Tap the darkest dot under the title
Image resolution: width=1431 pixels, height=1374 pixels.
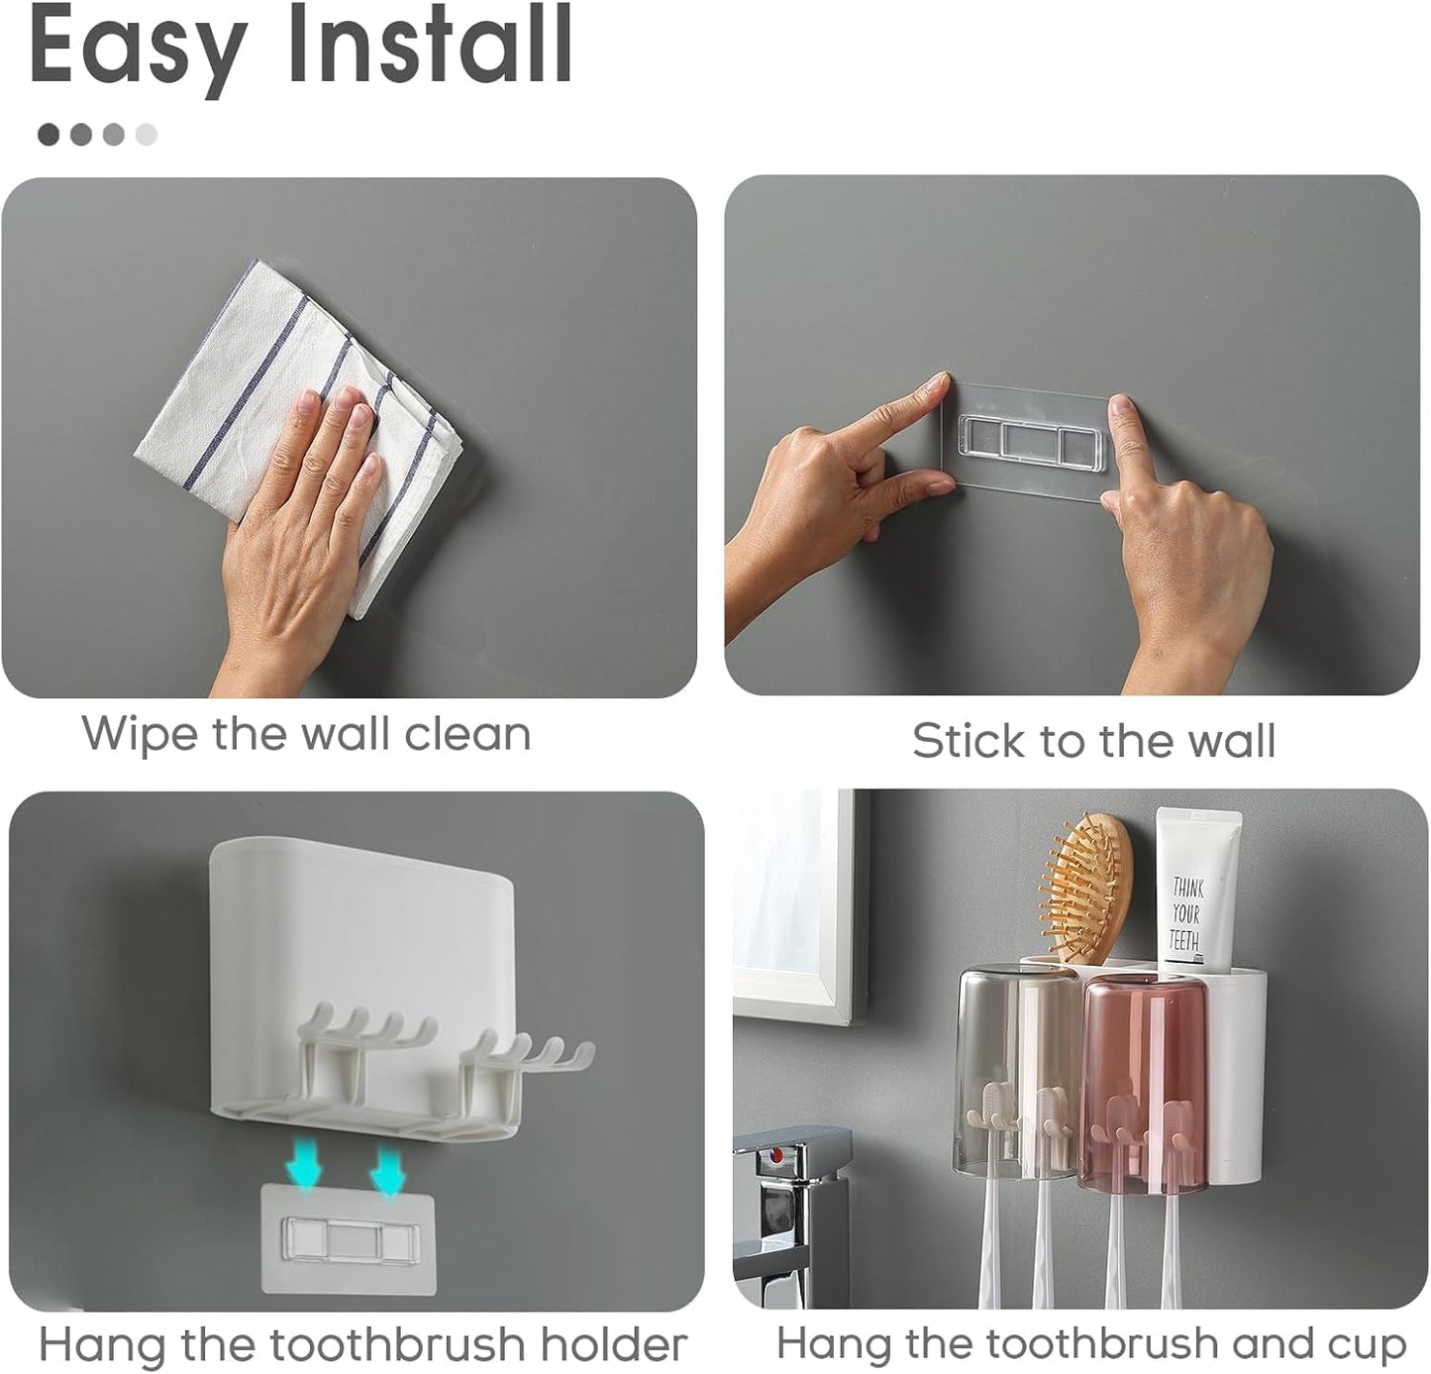click(49, 134)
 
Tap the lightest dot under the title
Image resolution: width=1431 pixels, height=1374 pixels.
click(146, 134)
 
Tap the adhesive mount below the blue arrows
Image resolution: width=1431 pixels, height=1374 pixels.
click(337, 1238)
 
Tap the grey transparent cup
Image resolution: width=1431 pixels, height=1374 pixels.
click(1015, 1065)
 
